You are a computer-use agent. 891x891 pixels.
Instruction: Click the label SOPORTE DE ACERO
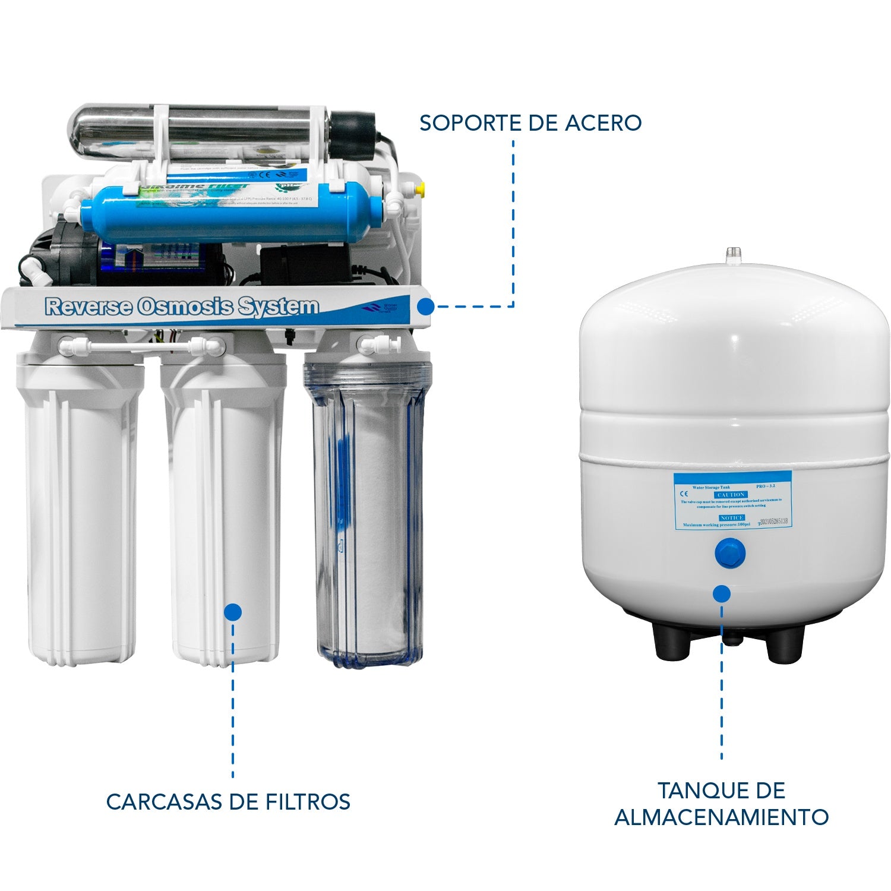point(530,122)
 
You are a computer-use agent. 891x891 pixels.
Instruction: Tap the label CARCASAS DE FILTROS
point(228,801)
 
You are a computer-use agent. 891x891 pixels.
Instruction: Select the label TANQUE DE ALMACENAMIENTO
point(721,804)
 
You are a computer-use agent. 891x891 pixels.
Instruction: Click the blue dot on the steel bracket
point(425,307)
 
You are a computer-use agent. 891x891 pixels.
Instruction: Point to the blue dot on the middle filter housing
point(233,612)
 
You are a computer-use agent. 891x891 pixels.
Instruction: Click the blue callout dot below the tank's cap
point(722,593)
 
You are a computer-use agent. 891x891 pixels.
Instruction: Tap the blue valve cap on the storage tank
point(722,555)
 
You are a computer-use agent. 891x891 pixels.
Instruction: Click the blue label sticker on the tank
point(732,500)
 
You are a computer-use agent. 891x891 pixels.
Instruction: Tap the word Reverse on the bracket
point(89,307)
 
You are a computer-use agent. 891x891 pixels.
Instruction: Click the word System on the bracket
point(278,307)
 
